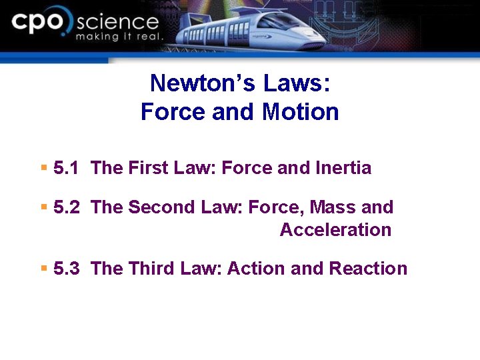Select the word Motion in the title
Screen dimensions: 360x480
[x=301, y=111]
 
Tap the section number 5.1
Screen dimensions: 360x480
[x=67, y=168]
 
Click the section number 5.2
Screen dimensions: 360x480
[x=67, y=207]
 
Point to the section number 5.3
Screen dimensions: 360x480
[x=67, y=269]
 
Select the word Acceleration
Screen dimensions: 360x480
[x=335, y=230]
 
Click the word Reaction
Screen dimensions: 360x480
[x=368, y=269]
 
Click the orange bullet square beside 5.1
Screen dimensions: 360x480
[x=43, y=168]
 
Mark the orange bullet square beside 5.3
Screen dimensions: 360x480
[x=43, y=269]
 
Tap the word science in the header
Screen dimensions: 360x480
[x=117, y=22]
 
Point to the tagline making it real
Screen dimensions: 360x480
[x=119, y=37]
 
